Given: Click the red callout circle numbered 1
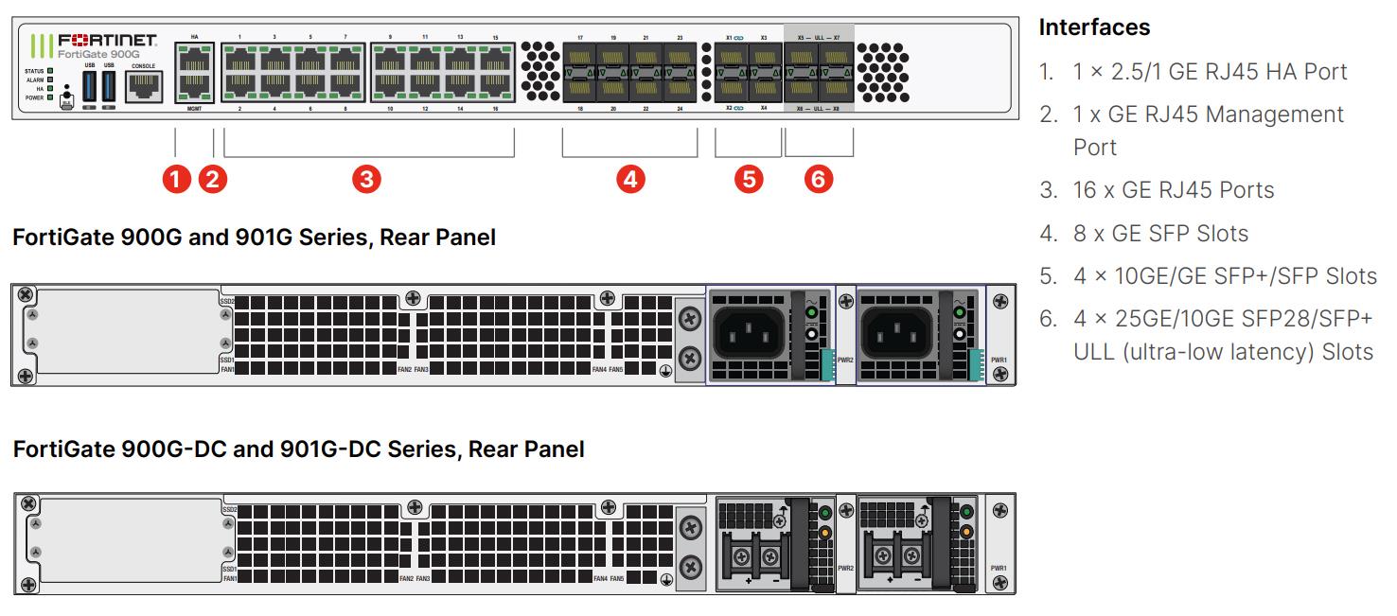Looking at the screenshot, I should pyautogui.click(x=176, y=178).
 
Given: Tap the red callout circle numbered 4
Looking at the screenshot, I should pyautogui.click(x=629, y=178).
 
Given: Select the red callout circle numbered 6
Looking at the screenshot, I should pyautogui.click(x=819, y=178).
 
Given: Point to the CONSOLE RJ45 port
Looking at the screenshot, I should pyautogui.click(x=144, y=87).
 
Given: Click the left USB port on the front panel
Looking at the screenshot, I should pyautogui.click(x=91, y=86).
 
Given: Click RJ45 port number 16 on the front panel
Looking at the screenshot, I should pyautogui.click(x=495, y=89).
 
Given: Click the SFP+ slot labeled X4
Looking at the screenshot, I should pyautogui.click(x=764, y=89).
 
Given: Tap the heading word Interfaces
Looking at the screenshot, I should pyautogui.click(x=1094, y=27).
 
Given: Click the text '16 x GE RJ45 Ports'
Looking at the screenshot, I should pyautogui.click(x=1174, y=189).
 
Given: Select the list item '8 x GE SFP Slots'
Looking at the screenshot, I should pyautogui.click(x=1160, y=233).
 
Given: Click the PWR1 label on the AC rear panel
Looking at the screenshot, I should pyautogui.click(x=999, y=360).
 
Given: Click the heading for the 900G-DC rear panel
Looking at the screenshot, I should pyautogui.click(x=298, y=449).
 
